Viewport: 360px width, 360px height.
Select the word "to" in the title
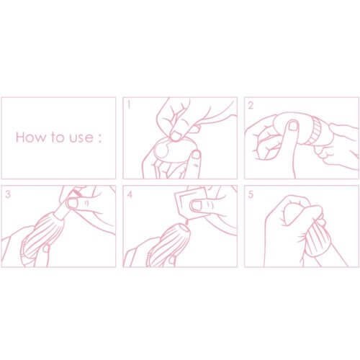(57, 138)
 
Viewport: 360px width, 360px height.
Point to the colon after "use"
(100, 139)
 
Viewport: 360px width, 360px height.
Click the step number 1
(130, 105)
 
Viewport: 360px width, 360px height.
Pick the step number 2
(251, 105)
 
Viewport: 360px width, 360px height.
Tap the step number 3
(8, 194)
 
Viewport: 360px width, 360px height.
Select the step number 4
(130, 194)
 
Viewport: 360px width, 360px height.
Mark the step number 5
(251, 194)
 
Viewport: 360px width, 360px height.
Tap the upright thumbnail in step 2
(292, 125)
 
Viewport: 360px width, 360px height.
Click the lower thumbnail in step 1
(196, 154)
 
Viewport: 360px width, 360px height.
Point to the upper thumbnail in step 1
(177, 136)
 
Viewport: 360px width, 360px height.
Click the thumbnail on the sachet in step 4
(196, 205)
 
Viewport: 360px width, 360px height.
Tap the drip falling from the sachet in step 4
(186, 223)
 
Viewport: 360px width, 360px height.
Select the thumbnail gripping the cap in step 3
(71, 203)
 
